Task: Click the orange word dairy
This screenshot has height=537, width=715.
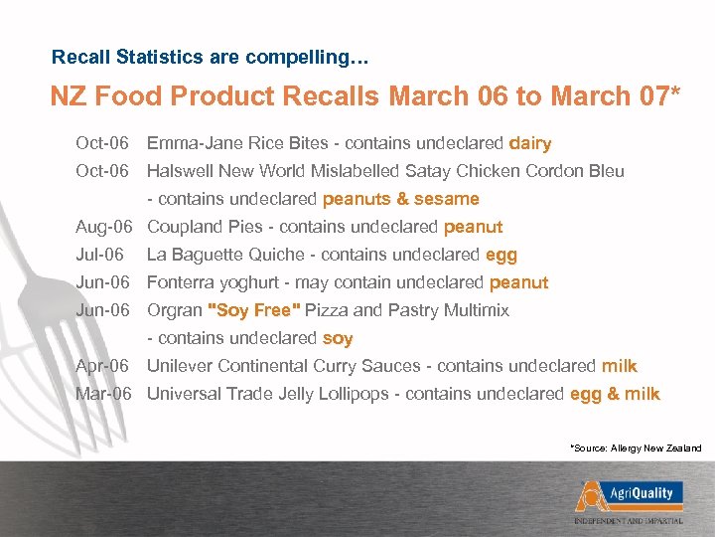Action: pos(529,143)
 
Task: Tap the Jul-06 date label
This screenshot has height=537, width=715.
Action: pos(99,255)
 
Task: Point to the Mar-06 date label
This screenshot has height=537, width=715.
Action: pos(104,394)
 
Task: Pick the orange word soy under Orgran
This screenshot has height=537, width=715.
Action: pos(338,338)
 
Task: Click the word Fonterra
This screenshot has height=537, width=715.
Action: pos(183,282)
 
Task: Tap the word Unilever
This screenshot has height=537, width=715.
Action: pos(180,366)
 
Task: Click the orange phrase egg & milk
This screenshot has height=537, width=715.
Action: pos(615,394)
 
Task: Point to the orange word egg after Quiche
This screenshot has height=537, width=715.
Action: pos(501,255)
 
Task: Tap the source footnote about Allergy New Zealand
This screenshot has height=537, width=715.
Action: pos(636,448)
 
